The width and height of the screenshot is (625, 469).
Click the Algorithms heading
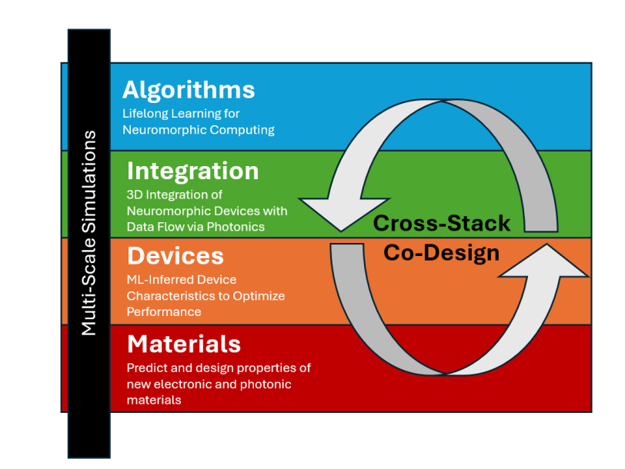(189, 90)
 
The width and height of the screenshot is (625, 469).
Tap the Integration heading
(192, 170)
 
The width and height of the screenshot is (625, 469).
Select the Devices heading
(175, 255)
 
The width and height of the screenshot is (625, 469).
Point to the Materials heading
(184, 343)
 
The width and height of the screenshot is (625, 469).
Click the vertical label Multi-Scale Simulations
(89, 233)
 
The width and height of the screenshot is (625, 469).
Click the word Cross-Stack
(442, 224)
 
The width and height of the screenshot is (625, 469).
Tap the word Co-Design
(442, 252)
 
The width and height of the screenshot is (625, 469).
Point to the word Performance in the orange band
(164, 312)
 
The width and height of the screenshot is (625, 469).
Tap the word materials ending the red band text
(153, 400)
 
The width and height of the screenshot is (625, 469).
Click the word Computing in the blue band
(242, 130)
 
